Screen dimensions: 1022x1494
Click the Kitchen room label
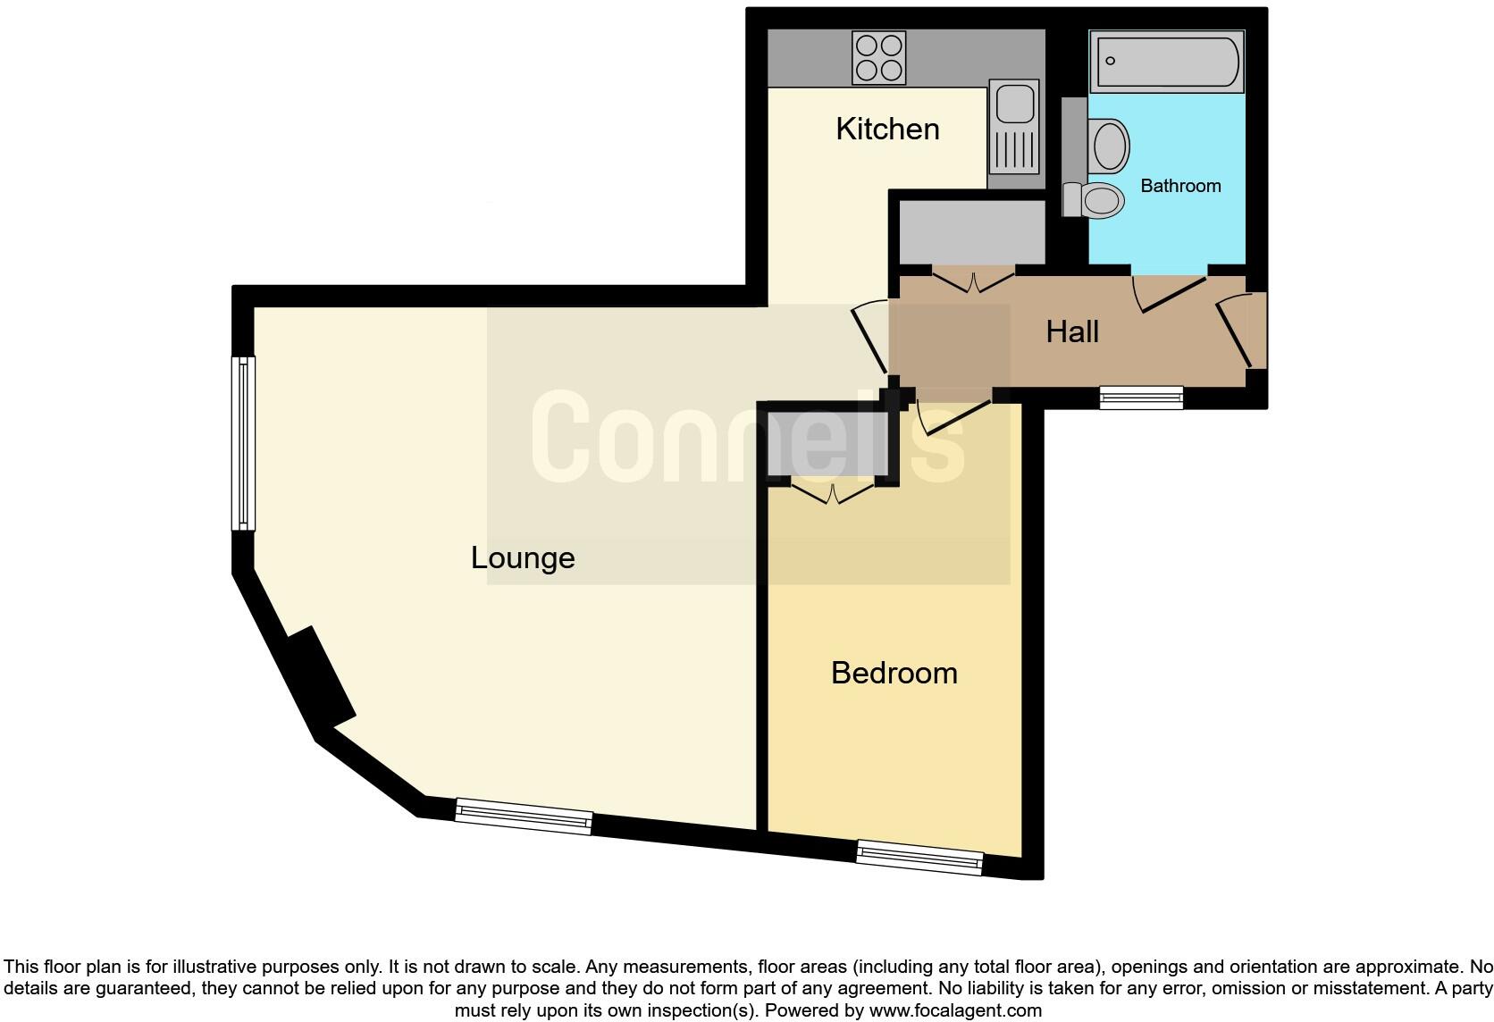pyautogui.click(x=887, y=129)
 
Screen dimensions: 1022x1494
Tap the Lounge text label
pyautogui.click(x=523, y=558)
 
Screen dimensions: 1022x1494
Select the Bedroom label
pyautogui.click(x=894, y=673)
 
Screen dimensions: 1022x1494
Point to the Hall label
pyautogui.click(x=1072, y=332)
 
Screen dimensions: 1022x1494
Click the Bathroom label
pyautogui.click(x=1180, y=186)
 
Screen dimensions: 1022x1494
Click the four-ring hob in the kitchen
pyautogui.click(x=878, y=57)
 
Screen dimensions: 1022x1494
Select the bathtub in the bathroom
pyautogui.click(x=1167, y=62)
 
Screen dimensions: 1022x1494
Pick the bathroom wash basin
pyautogui.click(x=1109, y=146)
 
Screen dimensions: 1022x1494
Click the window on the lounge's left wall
pyautogui.click(x=243, y=443)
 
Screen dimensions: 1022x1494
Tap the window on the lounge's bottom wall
pyautogui.click(x=524, y=817)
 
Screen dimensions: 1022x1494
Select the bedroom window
pyautogui.click(x=919, y=858)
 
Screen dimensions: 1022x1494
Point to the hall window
pyautogui.click(x=1141, y=397)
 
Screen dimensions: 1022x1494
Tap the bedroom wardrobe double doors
pyautogui.click(x=833, y=494)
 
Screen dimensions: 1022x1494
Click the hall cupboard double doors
pyautogui.click(x=973, y=281)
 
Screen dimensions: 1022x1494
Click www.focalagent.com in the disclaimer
pyautogui.click(x=955, y=1011)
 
